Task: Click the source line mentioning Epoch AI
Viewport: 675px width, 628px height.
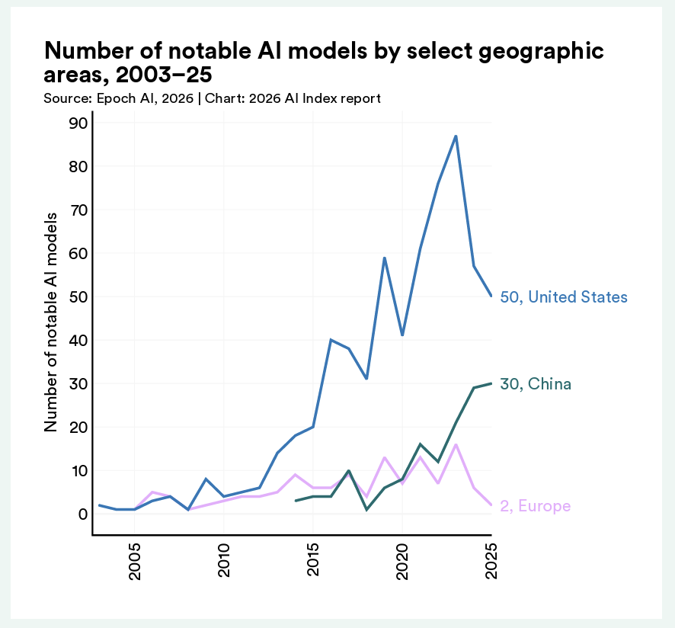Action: click(212, 98)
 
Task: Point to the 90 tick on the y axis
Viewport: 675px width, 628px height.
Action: click(79, 123)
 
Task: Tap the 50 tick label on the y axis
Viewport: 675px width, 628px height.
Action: click(79, 296)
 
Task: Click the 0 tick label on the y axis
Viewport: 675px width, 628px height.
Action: click(84, 514)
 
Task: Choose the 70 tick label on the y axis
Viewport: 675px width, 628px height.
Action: click(79, 210)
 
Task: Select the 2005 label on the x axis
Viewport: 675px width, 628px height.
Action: click(135, 562)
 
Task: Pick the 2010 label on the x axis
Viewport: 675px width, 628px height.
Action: click(224, 562)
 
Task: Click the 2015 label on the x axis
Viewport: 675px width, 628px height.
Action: click(313, 562)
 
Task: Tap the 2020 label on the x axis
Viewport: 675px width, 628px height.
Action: click(402, 562)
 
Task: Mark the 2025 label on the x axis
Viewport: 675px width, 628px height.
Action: click(491, 562)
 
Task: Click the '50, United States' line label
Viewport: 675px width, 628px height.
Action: click(564, 297)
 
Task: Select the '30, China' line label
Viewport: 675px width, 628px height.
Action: click(536, 384)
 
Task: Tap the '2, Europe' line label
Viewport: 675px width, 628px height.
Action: click(535, 506)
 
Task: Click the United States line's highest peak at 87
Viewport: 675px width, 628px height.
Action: click(456, 136)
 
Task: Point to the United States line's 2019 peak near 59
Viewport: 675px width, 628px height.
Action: click(385, 258)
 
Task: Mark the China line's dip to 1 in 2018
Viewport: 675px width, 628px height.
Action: click(366, 509)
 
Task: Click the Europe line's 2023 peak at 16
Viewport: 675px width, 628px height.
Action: click(456, 444)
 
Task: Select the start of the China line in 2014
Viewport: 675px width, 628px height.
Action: click(296, 501)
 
